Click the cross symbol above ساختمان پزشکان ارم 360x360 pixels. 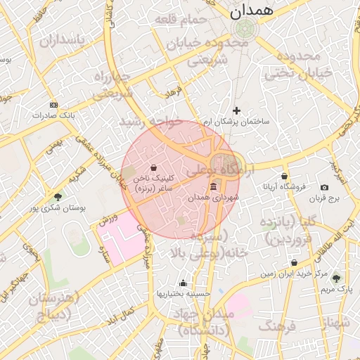(x=236, y=110)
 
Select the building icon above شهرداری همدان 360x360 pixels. (x=213, y=186)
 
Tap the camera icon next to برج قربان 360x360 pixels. (x=324, y=187)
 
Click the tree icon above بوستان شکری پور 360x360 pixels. (x=58, y=197)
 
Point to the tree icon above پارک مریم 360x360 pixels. (x=335, y=278)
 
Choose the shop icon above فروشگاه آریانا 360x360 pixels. (x=284, y=176)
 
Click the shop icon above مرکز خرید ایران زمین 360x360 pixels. (x=294, y=262)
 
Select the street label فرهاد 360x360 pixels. (x=173, y=92)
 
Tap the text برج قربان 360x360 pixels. (x=323, y=199)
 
